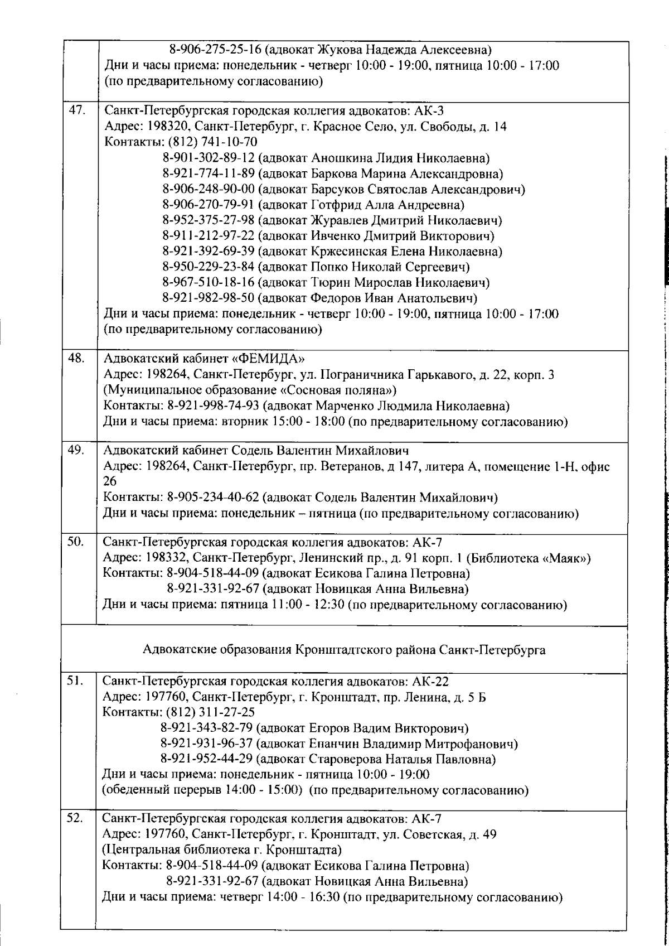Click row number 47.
tap(75, 110)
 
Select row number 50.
tap(75, 542)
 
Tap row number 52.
tap(75, 819)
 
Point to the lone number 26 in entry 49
tap(110, 481)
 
